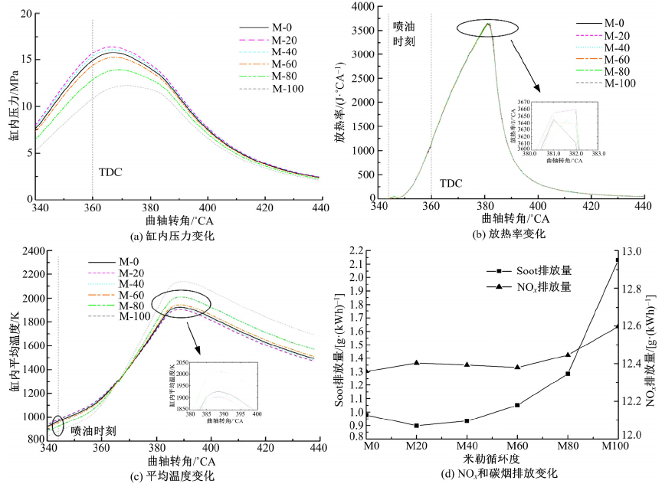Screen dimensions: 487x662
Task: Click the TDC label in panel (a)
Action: [x=111, y=172]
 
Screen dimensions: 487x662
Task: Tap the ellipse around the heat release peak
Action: [x=487, y=28]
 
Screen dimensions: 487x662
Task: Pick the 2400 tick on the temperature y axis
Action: [x=31, y=251]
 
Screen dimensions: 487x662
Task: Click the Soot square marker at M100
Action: [x=618, y=260]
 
